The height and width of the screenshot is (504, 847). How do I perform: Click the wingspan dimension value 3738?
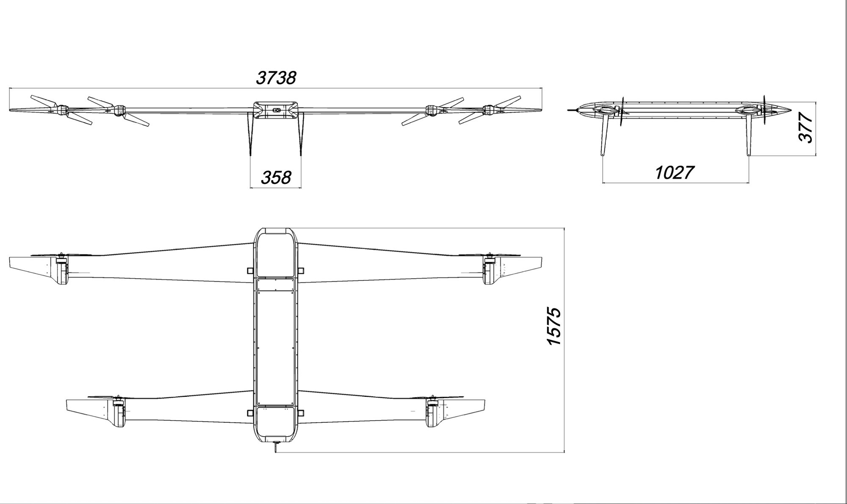pos(276,78)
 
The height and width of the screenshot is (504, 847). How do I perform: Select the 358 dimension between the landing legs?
pos(276,177)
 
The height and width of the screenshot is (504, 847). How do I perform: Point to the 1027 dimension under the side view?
pos(675,172)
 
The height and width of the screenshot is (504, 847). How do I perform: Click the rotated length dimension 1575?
pos(554,326)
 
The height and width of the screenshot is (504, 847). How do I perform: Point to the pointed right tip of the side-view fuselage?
pos(791,110)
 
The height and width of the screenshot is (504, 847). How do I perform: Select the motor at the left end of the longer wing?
pos(62,269)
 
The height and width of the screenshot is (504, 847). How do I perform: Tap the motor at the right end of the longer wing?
pos(490,269)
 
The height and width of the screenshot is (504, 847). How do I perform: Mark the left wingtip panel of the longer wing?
pos(33,268)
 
